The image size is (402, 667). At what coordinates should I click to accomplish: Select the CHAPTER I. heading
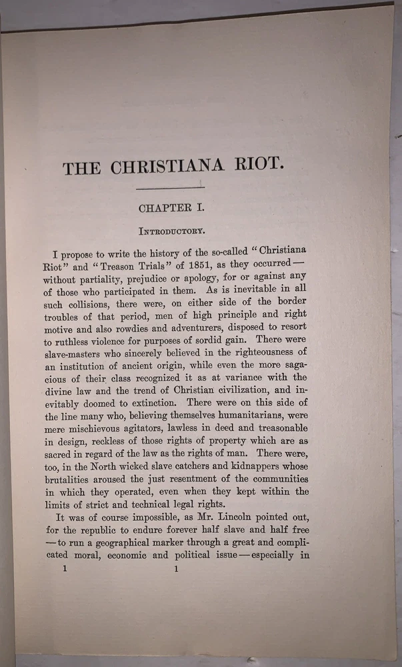[x=171, y=208]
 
